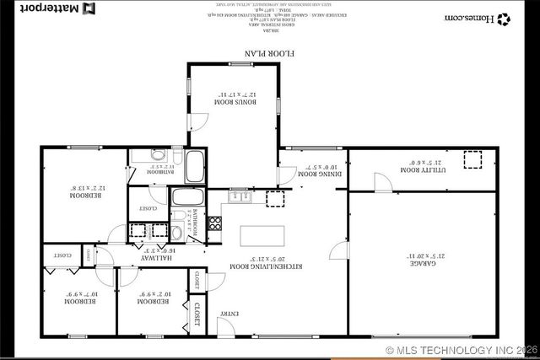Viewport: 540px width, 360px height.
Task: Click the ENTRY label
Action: (x=229, y=314)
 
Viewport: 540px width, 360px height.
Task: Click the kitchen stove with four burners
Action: (x=215, y=223)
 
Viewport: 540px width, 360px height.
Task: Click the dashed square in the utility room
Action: (x=472, y=159)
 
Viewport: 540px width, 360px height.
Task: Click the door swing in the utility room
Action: (x=382, y=182)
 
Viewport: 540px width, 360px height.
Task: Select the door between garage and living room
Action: (x=339, y=250)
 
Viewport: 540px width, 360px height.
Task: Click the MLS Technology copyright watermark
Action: (x=460, y=349)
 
